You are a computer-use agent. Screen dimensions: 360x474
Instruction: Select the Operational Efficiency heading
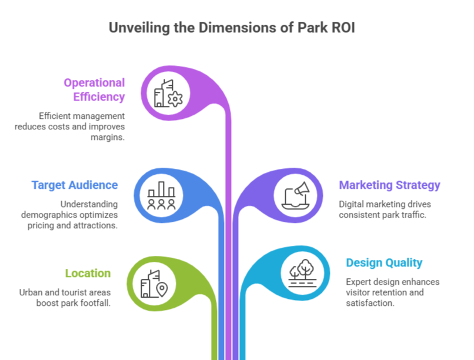click(x=95, y=89)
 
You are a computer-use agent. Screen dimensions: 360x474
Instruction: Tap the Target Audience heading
click(x=75, y=185)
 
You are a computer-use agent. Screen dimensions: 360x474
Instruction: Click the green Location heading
click(x=88, y=273)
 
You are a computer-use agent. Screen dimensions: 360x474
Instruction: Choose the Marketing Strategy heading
click(x=389, y=185)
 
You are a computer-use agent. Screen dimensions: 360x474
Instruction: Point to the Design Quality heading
click(x=384, y=262)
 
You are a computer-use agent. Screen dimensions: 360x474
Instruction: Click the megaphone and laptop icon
click(x=296, y=195)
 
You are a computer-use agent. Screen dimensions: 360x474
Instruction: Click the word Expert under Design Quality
click(x=359, y=282)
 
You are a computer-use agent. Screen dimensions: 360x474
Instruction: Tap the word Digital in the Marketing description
click(x=352, y=204)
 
